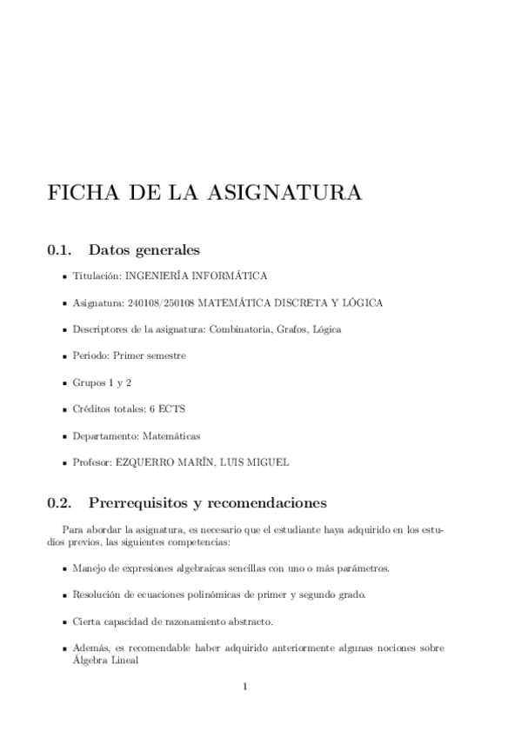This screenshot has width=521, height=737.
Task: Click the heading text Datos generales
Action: coord(144,250)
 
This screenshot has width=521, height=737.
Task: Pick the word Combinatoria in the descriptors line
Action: coord(237,330)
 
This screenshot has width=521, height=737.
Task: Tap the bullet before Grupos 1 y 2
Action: coord(65,383)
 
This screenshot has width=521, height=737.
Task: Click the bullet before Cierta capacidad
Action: coord(65,623)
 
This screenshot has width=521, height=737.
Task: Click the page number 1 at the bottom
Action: coord(246,687)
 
